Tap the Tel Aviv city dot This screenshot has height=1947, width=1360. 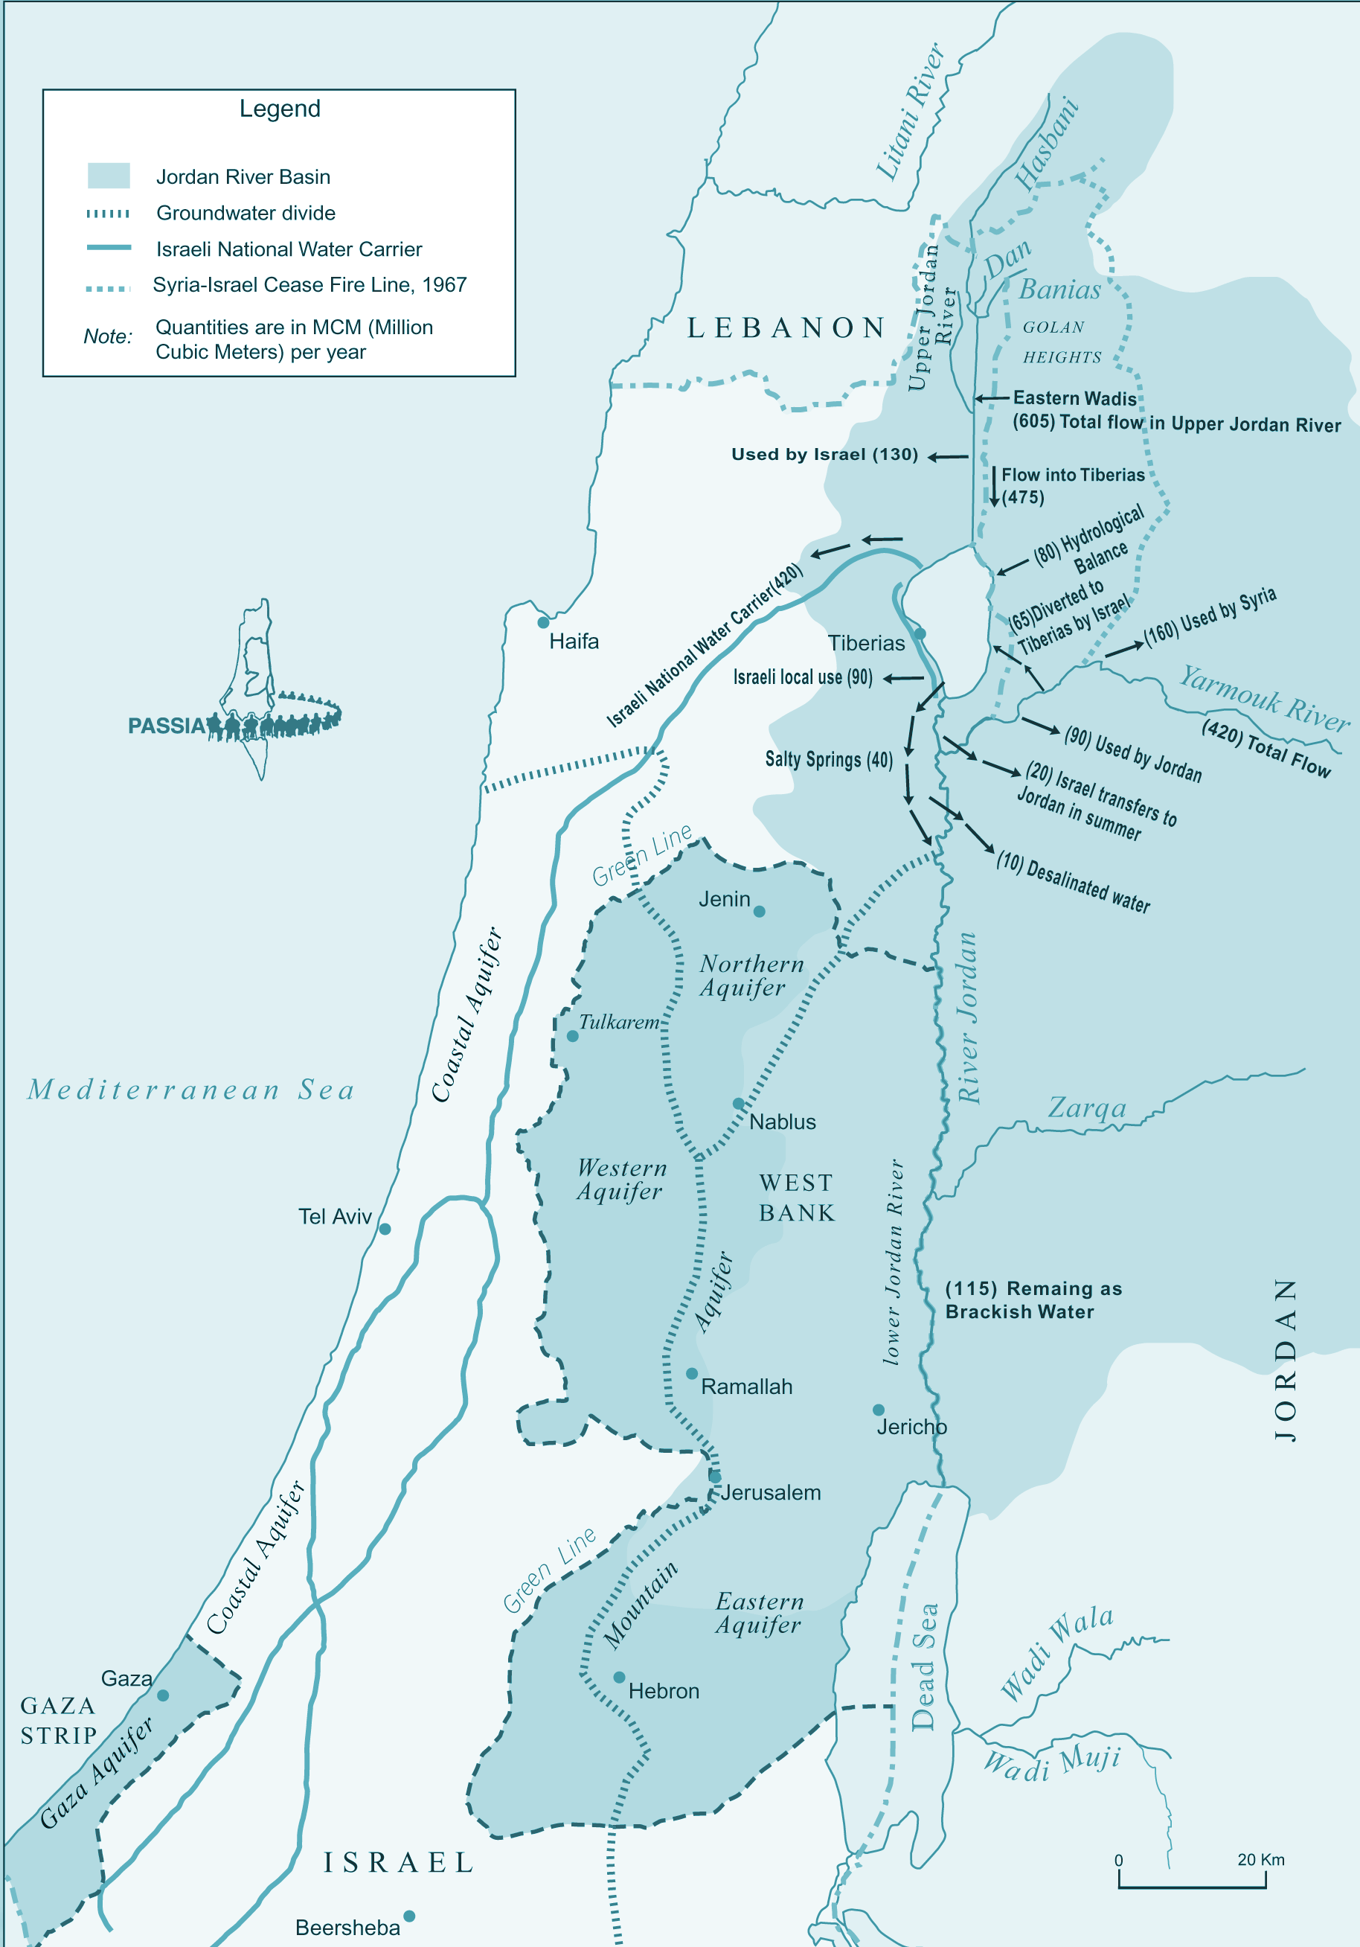click(385, 1229)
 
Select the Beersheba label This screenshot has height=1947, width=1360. click(347, 1928)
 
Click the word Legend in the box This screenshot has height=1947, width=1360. click(280, 109)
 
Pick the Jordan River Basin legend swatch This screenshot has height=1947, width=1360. click(109, 176)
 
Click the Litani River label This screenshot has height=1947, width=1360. click(911, 112)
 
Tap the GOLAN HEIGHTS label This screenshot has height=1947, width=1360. click(1062, 342)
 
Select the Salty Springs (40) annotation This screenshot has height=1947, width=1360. click(828, 759)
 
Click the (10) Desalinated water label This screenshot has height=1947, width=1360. click(1073, 883)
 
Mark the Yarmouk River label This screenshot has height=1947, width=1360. click(1263, 698)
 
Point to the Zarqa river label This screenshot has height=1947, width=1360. click(1087, 1107)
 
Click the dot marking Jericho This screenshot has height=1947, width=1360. click(879, 1410)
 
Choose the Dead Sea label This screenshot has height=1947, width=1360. click(924, 1666)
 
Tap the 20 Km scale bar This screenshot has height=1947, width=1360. click(1191, 1887)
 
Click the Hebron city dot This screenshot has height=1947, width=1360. click(619, 1678)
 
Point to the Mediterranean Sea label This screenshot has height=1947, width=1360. click(190, 1090)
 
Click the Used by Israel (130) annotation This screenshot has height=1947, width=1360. click(824, 455)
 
